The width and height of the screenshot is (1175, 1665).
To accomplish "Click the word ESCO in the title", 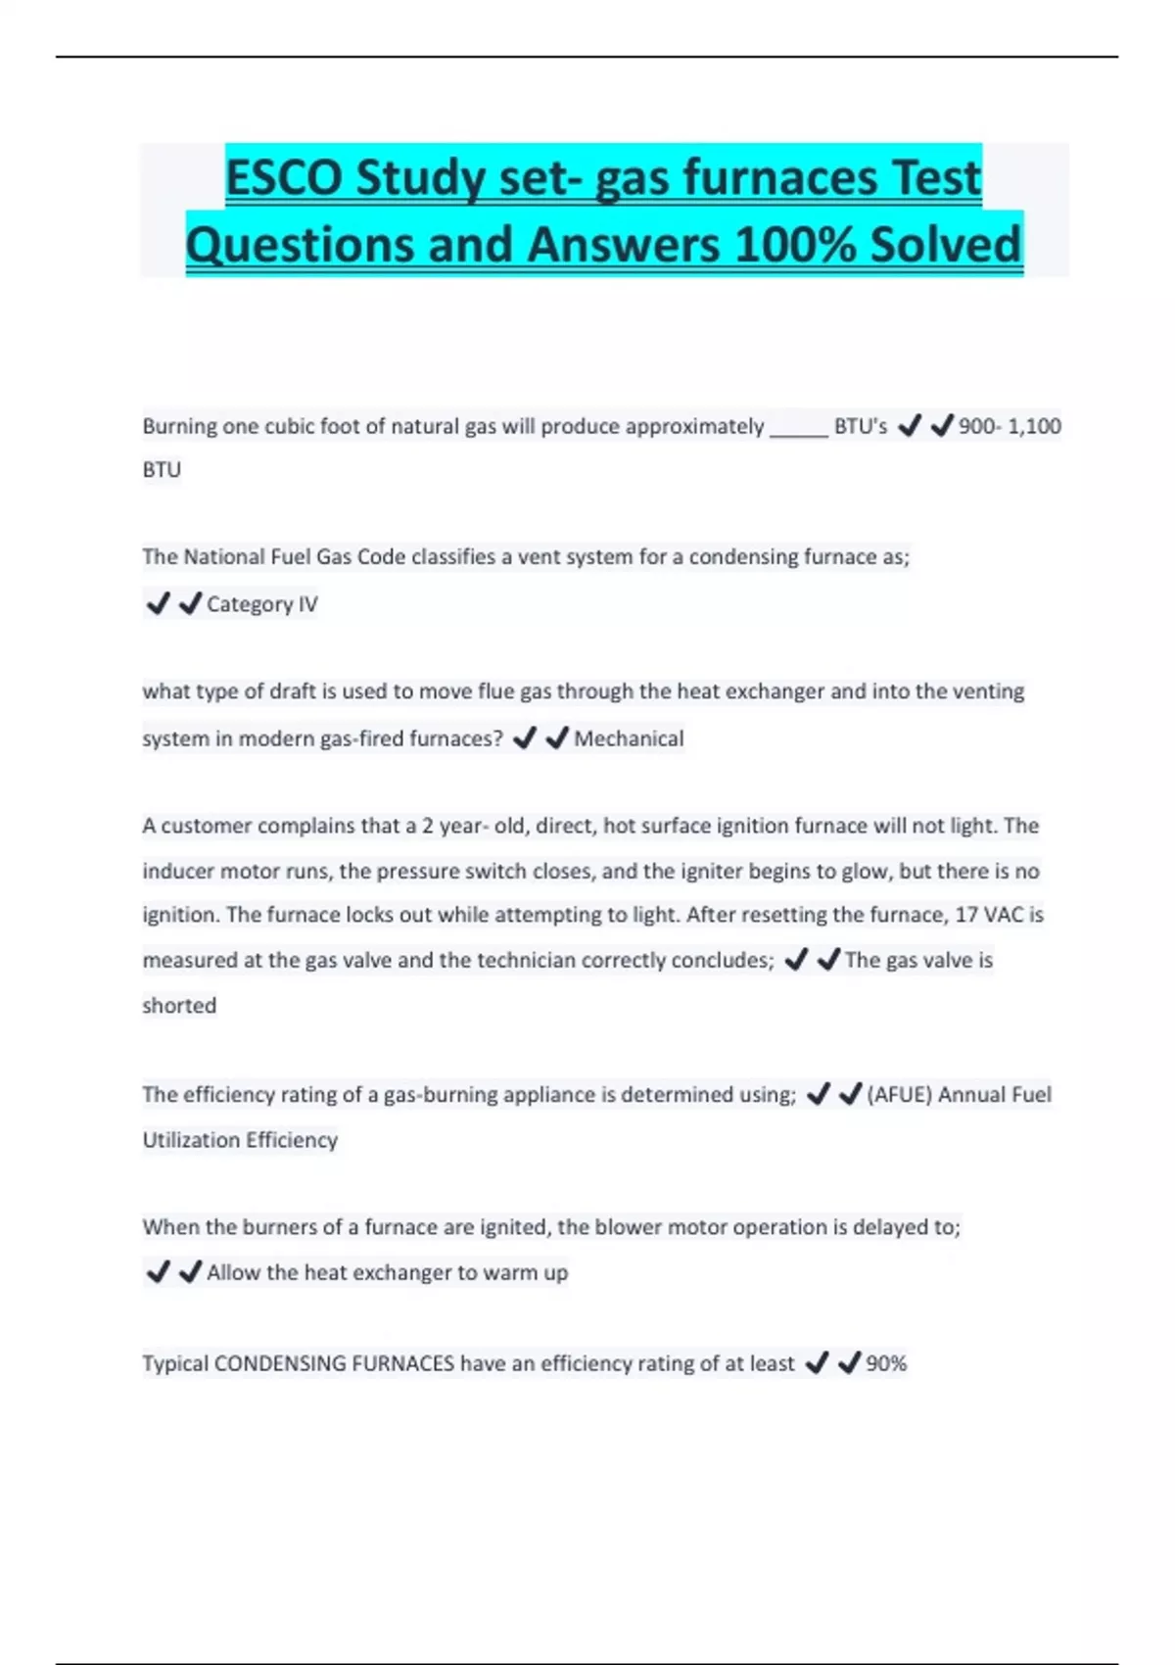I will click(x=283, y=178).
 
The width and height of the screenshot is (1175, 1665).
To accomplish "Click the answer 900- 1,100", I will click(x=1010, y=426).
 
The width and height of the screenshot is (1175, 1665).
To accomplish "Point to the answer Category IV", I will click(x=261, y=604).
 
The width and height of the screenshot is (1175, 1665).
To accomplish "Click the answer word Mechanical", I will click(x=629, y=738).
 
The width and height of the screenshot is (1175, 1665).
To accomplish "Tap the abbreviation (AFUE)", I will click(x=899, y=1094).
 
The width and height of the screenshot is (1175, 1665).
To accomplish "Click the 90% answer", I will click(x=886, y=1363).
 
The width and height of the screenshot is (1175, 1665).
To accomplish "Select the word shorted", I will click(x=179, y=1005).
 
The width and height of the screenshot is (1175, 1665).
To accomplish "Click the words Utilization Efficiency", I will click(x=240, y=1139).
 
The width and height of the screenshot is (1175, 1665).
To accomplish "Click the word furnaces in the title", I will click(x=777, y=178).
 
